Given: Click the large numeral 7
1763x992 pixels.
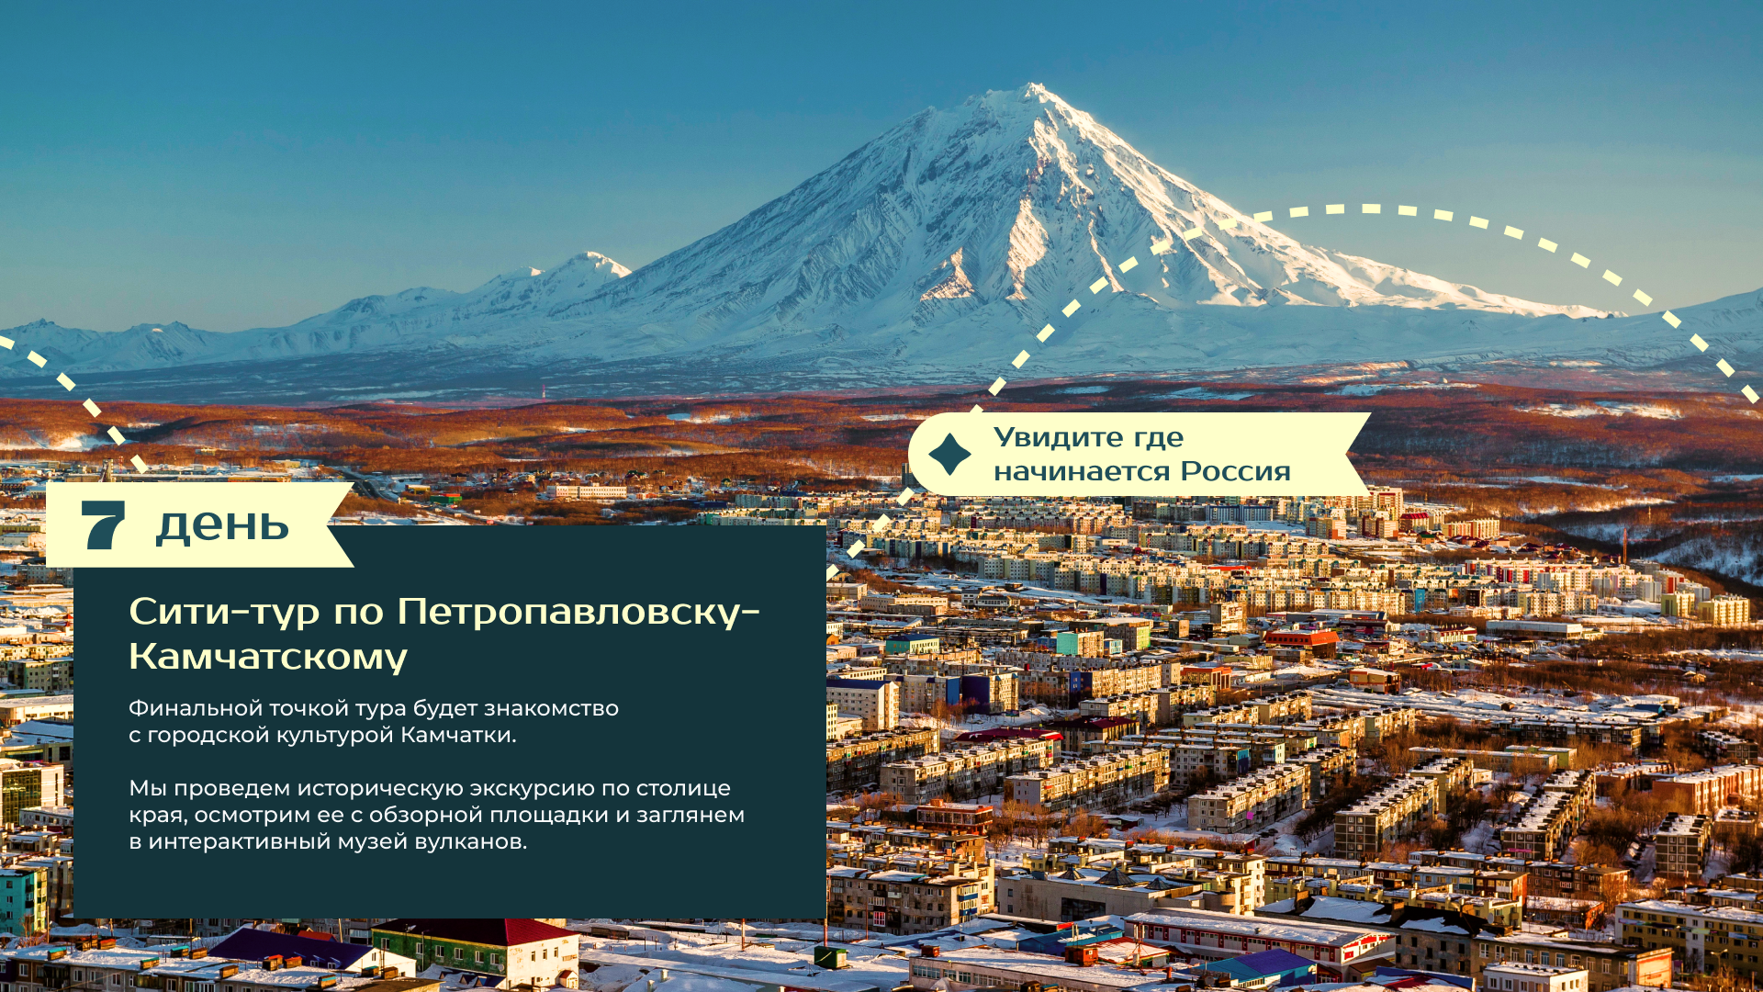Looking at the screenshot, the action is tap(103, 525).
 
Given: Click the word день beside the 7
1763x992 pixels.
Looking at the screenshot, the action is tap(222, 525).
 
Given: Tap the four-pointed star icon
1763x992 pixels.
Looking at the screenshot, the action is tap(949, 455).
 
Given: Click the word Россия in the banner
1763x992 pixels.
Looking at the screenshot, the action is tap(1235, 471).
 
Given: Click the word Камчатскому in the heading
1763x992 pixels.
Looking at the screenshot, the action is tap(268, 657).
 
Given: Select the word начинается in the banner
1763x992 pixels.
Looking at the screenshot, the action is tap(1083, 472).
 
